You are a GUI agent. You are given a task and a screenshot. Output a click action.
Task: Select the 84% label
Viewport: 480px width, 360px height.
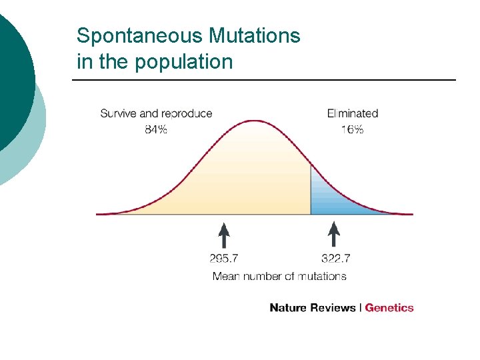pyautogui.click(x=156, y=129)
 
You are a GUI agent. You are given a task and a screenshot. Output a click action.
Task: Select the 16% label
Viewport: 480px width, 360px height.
pyautogui.click(x=352, y=129)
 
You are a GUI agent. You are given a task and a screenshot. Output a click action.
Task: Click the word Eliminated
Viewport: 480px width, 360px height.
pyautogui.click(x=352, y=114)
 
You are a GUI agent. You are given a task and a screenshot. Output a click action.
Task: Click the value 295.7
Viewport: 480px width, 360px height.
pyautogui.click(x=225, y=258)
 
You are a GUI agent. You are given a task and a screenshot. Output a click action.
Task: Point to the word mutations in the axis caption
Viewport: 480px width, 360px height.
pyautogui.click(x=323, y=275)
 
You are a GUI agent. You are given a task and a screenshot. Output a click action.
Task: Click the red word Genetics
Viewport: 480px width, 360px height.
pyautogui.click(x=389, y=308)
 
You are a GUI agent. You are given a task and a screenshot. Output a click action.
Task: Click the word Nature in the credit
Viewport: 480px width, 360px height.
pyautogui.click(x=287, y=308)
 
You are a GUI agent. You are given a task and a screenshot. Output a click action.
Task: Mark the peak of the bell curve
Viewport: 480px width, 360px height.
pyautogui.click(x=255, y=121)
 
